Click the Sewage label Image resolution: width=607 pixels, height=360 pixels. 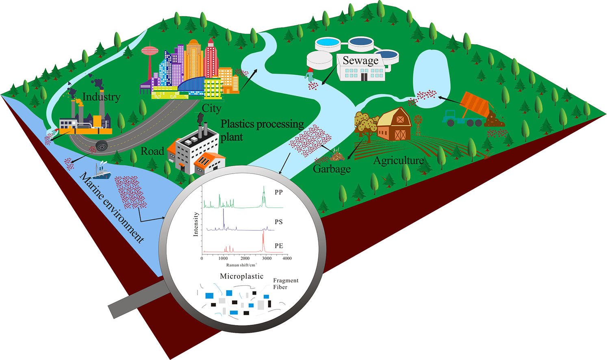click(x=360, y=61)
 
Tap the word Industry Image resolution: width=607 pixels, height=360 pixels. click(x=101, y=97)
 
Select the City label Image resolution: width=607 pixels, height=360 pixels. click(x=211, y=108)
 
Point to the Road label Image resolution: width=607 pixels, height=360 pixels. click(x=152, y=152)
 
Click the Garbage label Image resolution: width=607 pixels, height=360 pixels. click(x=332, y=169)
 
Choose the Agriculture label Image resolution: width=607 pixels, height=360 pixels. click(x=398, y=161)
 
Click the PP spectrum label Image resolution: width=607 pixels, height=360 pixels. click(x=278, y=192)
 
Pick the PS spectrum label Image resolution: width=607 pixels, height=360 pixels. click(x=278, y=222)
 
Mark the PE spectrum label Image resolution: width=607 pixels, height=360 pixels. click(x=278, y=246)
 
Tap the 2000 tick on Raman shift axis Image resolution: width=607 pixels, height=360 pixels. click(x=245, y=258)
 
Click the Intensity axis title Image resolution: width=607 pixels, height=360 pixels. click(x=196, y=224)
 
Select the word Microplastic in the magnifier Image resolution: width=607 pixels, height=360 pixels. click(x=242, y=276)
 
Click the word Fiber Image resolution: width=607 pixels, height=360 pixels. click(x=280, y=287)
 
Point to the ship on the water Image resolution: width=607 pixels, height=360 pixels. click(x=102, y=171)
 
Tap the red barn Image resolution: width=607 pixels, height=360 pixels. click(x=394, y=124)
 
